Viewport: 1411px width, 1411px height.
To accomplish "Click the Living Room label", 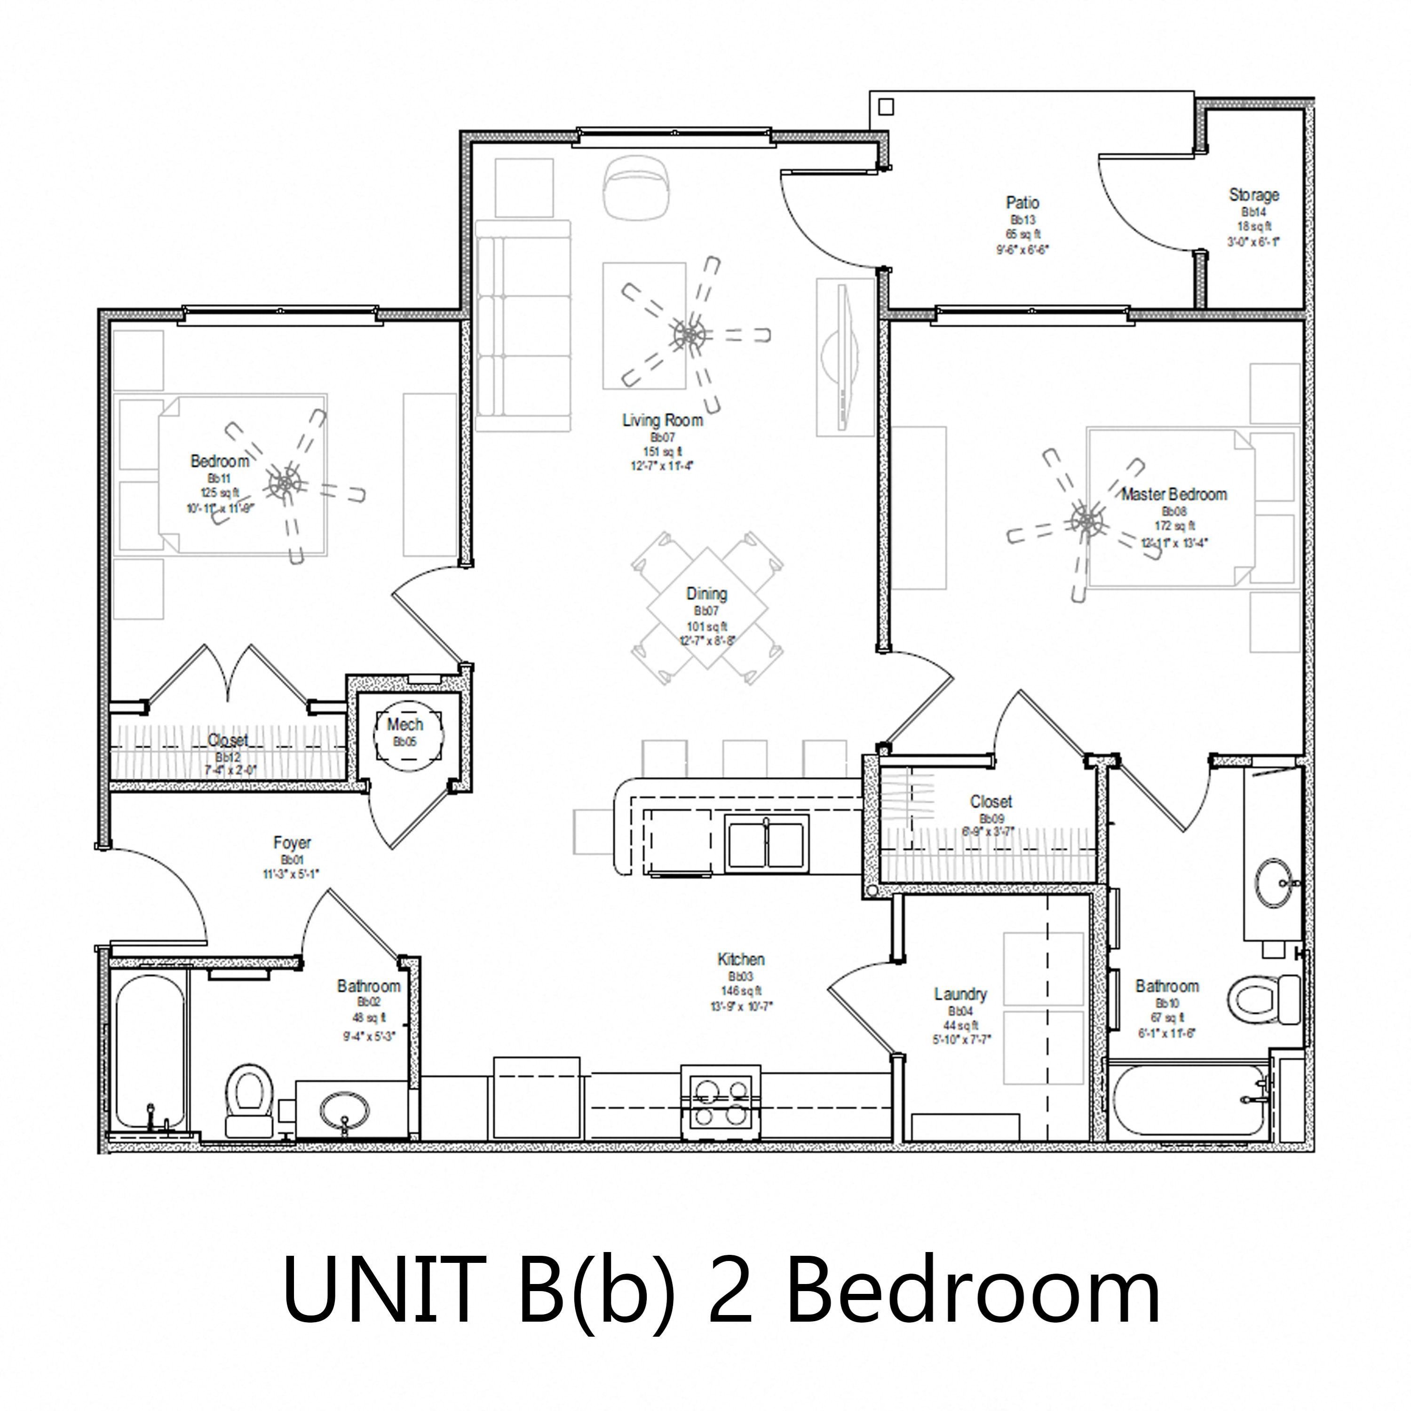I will point(662,420).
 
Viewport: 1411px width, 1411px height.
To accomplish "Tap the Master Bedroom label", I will point(1173,494).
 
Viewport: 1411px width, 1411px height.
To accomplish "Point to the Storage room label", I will point(1254,195).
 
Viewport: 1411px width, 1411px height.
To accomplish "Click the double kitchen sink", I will point(767,843).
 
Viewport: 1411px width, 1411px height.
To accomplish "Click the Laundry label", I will point(960,994).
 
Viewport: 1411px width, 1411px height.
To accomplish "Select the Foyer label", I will point(292,843).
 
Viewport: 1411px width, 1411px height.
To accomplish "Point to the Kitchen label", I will point(741,959).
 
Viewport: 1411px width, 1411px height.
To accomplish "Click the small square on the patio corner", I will point(886,107).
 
